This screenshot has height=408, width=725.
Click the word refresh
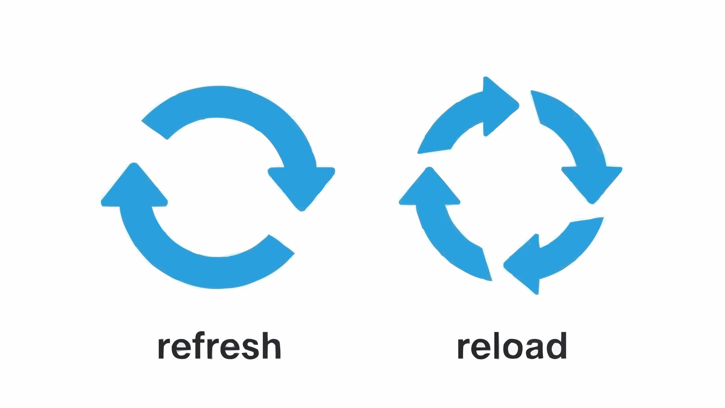pyautogui.click(x=219, y=346)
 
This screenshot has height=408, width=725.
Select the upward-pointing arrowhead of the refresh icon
pyautogui.click(x=134, y=187)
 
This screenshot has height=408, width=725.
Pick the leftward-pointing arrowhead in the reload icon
pyautogui.click(x=524, y=265)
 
